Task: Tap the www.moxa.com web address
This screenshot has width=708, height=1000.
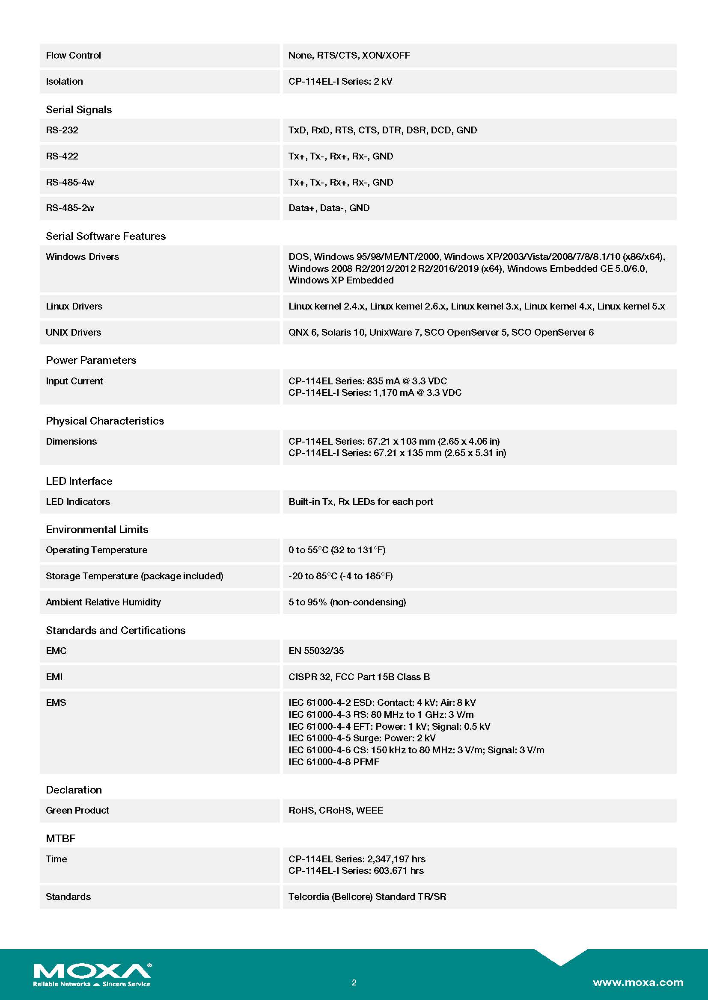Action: (x=638, y=982)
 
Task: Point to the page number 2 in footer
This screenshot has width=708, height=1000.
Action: (x=354, y=982)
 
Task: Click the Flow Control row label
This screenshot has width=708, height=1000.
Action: (x=73, y=55)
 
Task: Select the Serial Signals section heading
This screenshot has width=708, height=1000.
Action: (x=79, y=110)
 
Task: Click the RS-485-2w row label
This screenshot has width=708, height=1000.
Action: (x=70, y=208)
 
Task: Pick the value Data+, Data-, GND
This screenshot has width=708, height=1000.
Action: (x=329, y=208)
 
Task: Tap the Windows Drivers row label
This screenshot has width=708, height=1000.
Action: (x=82, y=257)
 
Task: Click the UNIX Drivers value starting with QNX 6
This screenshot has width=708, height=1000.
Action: (x=441, y=332)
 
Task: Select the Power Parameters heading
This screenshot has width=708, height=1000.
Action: (x=91, y=360)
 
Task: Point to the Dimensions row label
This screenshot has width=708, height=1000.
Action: (x=71, y=442)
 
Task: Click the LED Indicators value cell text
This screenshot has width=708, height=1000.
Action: (x=360, y=502)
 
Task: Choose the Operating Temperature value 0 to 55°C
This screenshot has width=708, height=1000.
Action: (x=336, y=550)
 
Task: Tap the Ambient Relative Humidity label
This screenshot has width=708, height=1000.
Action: (x=103, y=602)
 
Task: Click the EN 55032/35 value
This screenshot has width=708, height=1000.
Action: (x=316, y=651)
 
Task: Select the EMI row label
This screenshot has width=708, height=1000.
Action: (x=54, y=677)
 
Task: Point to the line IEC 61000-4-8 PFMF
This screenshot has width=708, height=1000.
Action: (x=333, y=762)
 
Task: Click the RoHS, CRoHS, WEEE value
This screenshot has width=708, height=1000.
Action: (x=336, y=811)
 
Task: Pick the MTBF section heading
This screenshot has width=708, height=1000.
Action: (x=61, y=839)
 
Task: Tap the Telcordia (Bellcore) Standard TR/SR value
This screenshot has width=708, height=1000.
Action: (x=367, y=897)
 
